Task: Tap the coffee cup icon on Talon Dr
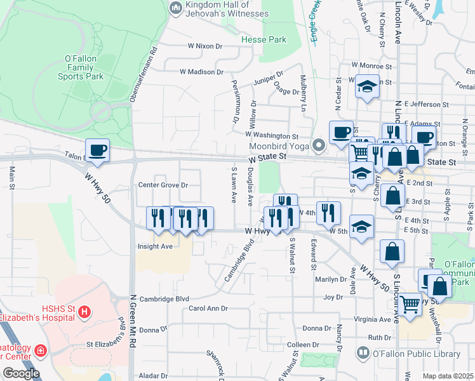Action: click(97, 150)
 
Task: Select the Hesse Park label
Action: click(264, 39)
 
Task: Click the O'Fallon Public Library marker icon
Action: click(363, 352)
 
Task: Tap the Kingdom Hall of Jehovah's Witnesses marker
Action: click(176, 8)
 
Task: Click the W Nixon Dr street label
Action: click(205, 46)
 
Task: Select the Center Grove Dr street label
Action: click(164, 185)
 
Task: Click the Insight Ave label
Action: click(155, 246)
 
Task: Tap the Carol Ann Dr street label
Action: click(208, 309)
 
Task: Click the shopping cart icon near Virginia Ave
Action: click(410, 305)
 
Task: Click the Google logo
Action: click(21, 373)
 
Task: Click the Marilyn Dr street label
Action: click(329, 279)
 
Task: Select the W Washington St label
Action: click(272, 135)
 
